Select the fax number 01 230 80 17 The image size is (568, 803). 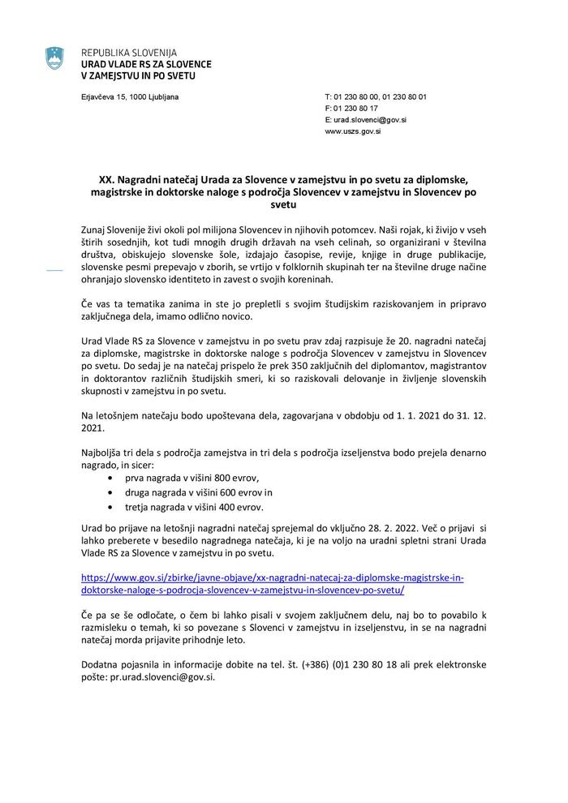click(x=351, y=108)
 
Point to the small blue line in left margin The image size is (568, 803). click(x=55, y=271)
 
